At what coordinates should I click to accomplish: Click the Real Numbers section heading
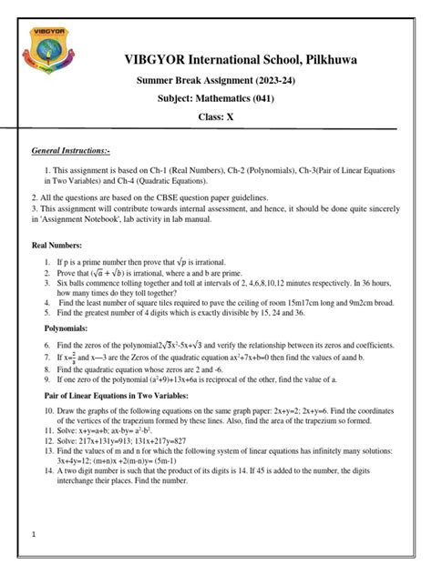(57, 246)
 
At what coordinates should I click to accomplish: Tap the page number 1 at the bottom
(34, 535)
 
